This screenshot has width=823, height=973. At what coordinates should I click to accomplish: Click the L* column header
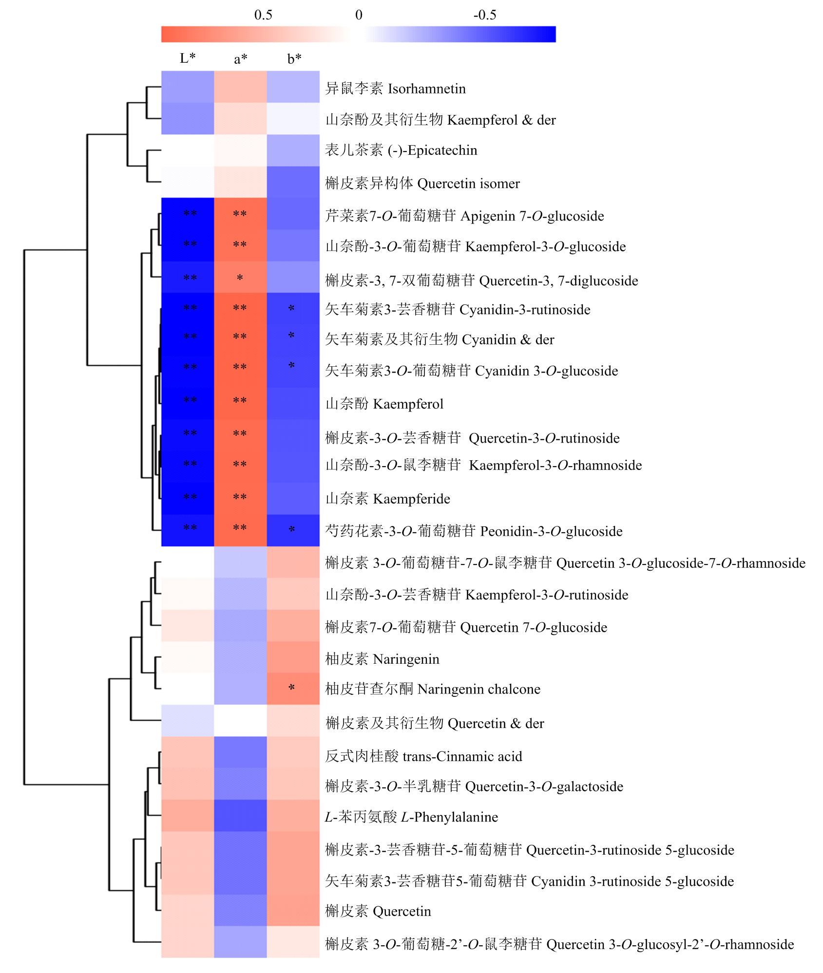pyautogui.click(x=188, y=58)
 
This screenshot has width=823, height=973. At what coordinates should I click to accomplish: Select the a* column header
pyautogui.click(x=241, y=59)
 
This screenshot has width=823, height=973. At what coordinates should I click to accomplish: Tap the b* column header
pyautogui.click(x=294, y=58)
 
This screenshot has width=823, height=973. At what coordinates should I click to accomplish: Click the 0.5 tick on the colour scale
pyautogui.click(x=263, y=15)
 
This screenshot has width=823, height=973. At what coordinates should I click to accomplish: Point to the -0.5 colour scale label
pyautogui.click(x=485, y=15)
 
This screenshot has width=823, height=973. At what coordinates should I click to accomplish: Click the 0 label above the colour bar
pyautogui.click(x=359, y=15)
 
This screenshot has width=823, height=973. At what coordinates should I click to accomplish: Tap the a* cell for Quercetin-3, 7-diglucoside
pyautogui.click(x=241, y=277)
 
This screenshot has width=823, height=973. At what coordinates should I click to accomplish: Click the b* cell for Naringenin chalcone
pyautogui.click(x=293, y=689)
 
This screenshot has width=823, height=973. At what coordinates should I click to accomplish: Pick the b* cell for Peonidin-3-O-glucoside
pyautogui.click(x=293, y=530)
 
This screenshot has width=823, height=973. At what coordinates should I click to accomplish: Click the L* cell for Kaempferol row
pyautogui.click(x=188, y=404)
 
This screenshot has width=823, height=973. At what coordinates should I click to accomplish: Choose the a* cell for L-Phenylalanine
pyautogui.click(x=241, y=816)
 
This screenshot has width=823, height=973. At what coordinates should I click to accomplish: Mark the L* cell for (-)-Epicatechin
pyautogui.click(x=188, y=150)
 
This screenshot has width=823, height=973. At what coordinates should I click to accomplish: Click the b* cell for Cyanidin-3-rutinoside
pyautogui.click(x=293, y=309)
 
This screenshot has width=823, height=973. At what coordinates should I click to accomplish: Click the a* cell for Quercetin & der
pyautogui.click(x=241, y=720)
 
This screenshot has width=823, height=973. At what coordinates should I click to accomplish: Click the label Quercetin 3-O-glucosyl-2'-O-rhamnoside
pyautogui.click(x=559, y=944)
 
